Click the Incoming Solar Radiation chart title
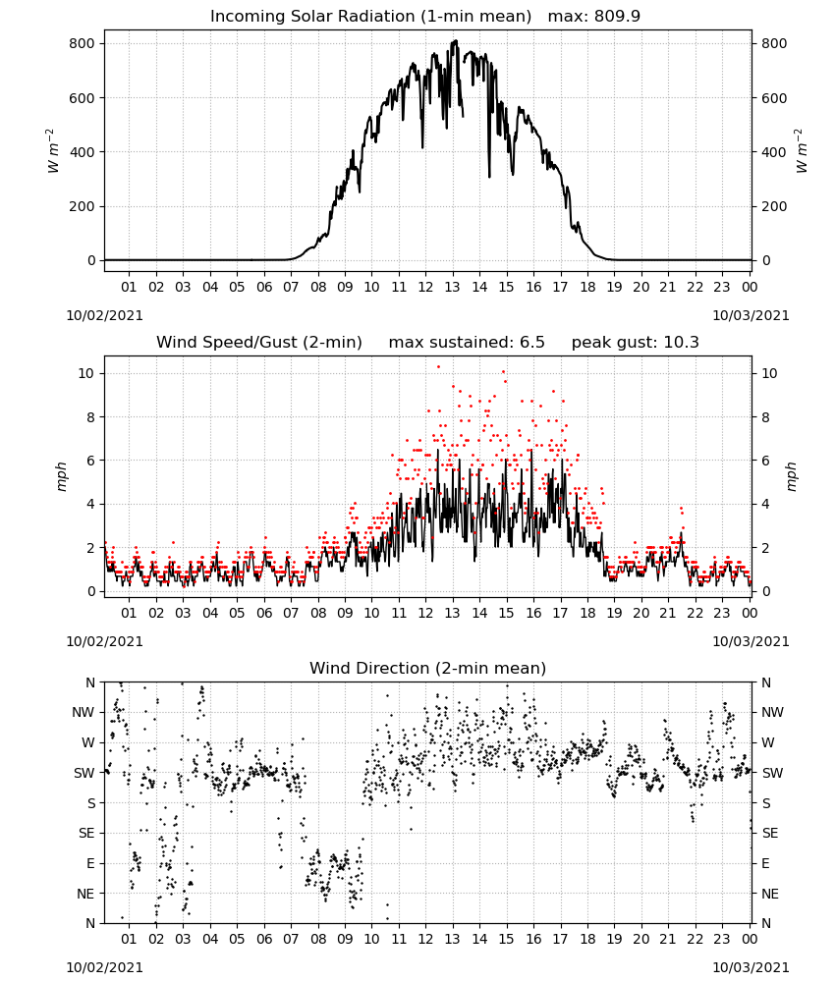[x=370, y=16]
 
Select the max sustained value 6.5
[x=531, y=342]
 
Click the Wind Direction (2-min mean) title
[x=428, y=668]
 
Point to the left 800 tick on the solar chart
[x=83, y=43]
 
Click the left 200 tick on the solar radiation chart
[x=83, y=206]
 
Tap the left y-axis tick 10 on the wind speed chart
[x=86, y=373]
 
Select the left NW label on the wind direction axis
[x=83, y=712]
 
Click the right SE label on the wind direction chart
[x=770, y=833]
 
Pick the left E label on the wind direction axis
[x=90, y=863]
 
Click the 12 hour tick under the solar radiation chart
[x=426, y=287]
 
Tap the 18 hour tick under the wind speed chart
[x=587, y=613]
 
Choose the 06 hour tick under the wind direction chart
[x=264, y=939]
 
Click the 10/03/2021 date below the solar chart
[x=751, y=315]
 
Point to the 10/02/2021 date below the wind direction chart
[x=104, y=967]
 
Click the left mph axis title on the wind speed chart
[x=61, y=476]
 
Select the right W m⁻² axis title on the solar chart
[x=802, y=151]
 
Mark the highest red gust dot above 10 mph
[x=438, y=366]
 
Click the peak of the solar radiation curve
[x=456, y=40]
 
